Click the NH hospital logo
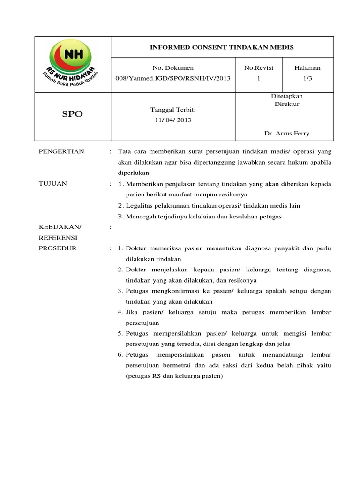(x=72, y=64)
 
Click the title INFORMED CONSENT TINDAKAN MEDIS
(x=221, y=47)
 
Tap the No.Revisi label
(x=258, y=68)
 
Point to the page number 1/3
(x=307, y=79)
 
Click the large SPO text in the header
(x=72, y=114)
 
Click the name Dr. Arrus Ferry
(x=286, y=134)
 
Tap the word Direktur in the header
(x=286, y=104)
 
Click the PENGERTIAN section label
(x=61, y=151)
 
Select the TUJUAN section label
(x=52, y=184)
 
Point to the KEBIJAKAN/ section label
(x=60, y=227)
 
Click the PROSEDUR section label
(x=57, y=248)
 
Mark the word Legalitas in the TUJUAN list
(x=139, y=205)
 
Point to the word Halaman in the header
(x=307, y=68)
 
